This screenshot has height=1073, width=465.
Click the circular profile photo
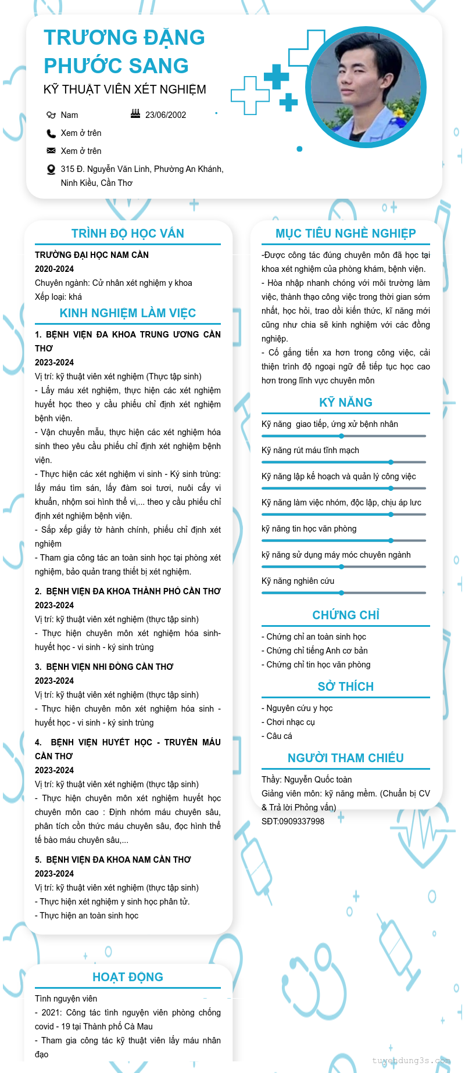tap(366, 87)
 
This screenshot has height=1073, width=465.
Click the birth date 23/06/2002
tap(166, 115)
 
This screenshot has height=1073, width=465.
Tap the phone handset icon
tap(51, 133)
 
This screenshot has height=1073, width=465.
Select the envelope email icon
tap(51, 150)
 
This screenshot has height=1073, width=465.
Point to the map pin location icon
tap(51, 170)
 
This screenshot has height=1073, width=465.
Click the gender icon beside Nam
tap(51, 115)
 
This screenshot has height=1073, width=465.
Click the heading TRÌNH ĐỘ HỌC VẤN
tap(128, 234)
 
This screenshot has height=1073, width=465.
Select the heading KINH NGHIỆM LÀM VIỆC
tap(128, 313)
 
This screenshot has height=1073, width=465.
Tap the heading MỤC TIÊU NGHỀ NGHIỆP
tap(346, 234)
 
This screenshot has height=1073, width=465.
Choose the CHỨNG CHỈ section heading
tap(346, 615)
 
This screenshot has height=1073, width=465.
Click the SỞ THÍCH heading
tap(346, 687)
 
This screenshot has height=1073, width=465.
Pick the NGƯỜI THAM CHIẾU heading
tap(346, 758)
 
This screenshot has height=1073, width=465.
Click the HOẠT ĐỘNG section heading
tap(128, 977)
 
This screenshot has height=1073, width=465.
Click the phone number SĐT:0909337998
tap(293, 821)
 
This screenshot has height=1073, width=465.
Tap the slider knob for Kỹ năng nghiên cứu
tap(342, 593)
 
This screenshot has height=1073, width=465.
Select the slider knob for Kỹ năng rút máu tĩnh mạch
tap(391, 462)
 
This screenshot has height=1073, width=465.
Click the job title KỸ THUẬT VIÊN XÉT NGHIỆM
tap(125, 89)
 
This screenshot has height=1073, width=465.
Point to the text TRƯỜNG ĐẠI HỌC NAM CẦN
tap(92, 255)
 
